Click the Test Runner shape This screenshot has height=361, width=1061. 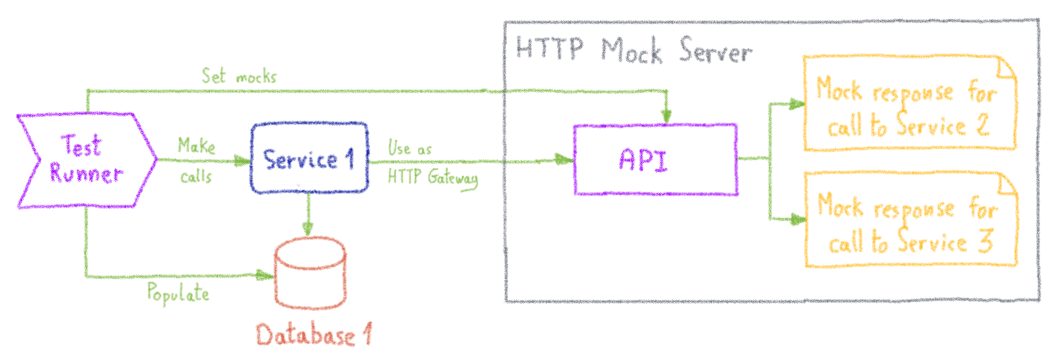tap(86, 160)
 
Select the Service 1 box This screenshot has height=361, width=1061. tap(309, 158)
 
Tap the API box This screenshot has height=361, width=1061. tap(656, 159)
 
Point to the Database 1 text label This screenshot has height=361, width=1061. tap(313, 336)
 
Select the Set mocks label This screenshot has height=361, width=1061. tap(239, 76)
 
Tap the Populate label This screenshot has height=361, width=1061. tap(178, 293)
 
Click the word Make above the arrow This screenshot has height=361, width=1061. tap(196, 145)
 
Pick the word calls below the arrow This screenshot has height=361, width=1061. tap(196, 176)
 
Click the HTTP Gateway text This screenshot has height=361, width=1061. tap(433, 177)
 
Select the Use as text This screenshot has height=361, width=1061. tap(410, 148)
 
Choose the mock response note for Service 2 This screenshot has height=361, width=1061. tap(909, 104)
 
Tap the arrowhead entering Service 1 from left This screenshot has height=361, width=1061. tap(242, 161)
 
